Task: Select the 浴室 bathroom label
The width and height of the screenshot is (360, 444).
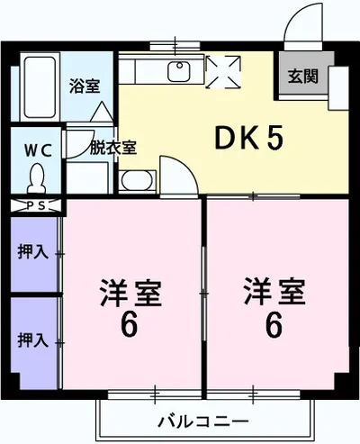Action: [85, 86]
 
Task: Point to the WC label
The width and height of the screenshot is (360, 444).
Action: [37, 146]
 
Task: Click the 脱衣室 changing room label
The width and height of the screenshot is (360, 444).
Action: [113, 148]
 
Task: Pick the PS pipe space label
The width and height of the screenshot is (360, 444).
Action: [37, 205]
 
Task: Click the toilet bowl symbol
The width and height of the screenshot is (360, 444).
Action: [37, 179]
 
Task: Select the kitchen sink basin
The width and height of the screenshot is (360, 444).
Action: [178, 71]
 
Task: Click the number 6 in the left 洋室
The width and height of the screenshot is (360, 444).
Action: [130, 324]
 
